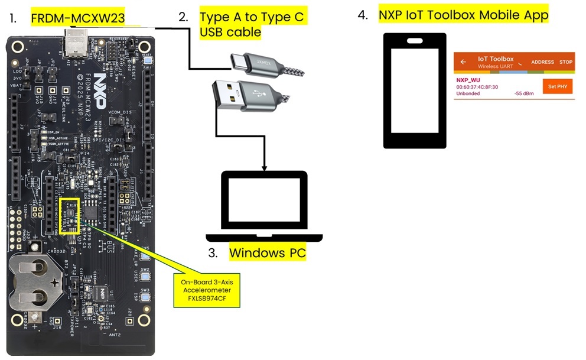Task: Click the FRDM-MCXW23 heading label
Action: click(x=78, y=18)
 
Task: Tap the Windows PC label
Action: click(x=267, y=254)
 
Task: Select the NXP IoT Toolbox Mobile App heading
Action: click(x=464, y=15)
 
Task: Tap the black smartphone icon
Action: click(x=414, y=90)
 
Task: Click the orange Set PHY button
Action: click(x=557, y=86)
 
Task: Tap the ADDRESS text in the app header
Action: click(x=542, y=62)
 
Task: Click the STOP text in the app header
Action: click(x=566, y=62)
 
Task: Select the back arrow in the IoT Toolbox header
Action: click(x=464, y=61)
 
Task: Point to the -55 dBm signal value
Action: click(x=525, y=93)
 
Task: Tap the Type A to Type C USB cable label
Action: click(x=252, y=24)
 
